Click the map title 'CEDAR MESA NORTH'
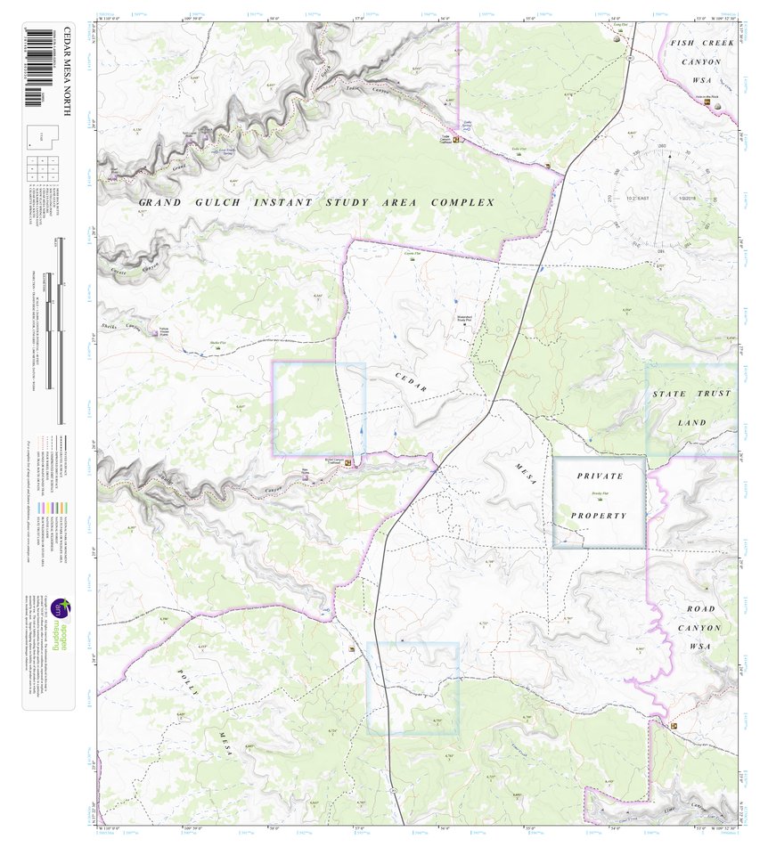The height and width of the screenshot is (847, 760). coord(66,72)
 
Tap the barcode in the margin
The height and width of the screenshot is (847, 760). coord(37,67)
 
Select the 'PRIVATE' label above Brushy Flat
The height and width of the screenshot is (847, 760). coord(599,476)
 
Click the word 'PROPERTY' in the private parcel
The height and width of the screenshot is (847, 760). coord(599,516)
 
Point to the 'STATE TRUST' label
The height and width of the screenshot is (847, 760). coord(691,394)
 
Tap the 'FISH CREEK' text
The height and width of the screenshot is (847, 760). coord(701,43)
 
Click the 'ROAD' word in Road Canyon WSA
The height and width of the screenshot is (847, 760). coord(700,608)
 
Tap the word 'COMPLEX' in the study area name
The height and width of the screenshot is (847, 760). coord(462,203)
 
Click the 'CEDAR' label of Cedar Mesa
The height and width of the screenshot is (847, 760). coord(412,383)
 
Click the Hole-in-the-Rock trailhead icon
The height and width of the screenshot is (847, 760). coord(708,103)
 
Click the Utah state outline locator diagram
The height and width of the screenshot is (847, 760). coord(45,138)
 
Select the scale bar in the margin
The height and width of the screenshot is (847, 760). coord(61,330)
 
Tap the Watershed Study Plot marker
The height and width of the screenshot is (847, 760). coord(466,314)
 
